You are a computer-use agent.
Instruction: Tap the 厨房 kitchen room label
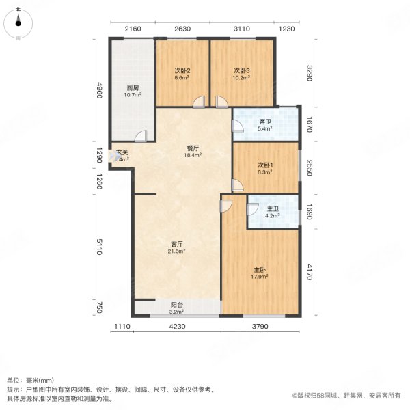(133, 87)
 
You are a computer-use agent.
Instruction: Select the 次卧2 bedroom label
(181, 71)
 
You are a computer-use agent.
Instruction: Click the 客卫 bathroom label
(265, 121)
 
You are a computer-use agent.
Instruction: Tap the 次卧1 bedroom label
(265, 165)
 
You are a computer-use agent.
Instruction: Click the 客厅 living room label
(176, 244)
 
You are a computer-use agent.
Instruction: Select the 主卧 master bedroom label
(258, 269)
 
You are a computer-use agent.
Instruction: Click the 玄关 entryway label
(121, 152)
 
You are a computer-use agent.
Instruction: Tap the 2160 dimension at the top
(133, 29)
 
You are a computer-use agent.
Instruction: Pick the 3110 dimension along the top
(242, 29)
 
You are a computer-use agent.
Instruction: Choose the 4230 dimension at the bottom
(176, 327)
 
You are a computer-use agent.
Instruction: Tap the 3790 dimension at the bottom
(260, 327)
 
